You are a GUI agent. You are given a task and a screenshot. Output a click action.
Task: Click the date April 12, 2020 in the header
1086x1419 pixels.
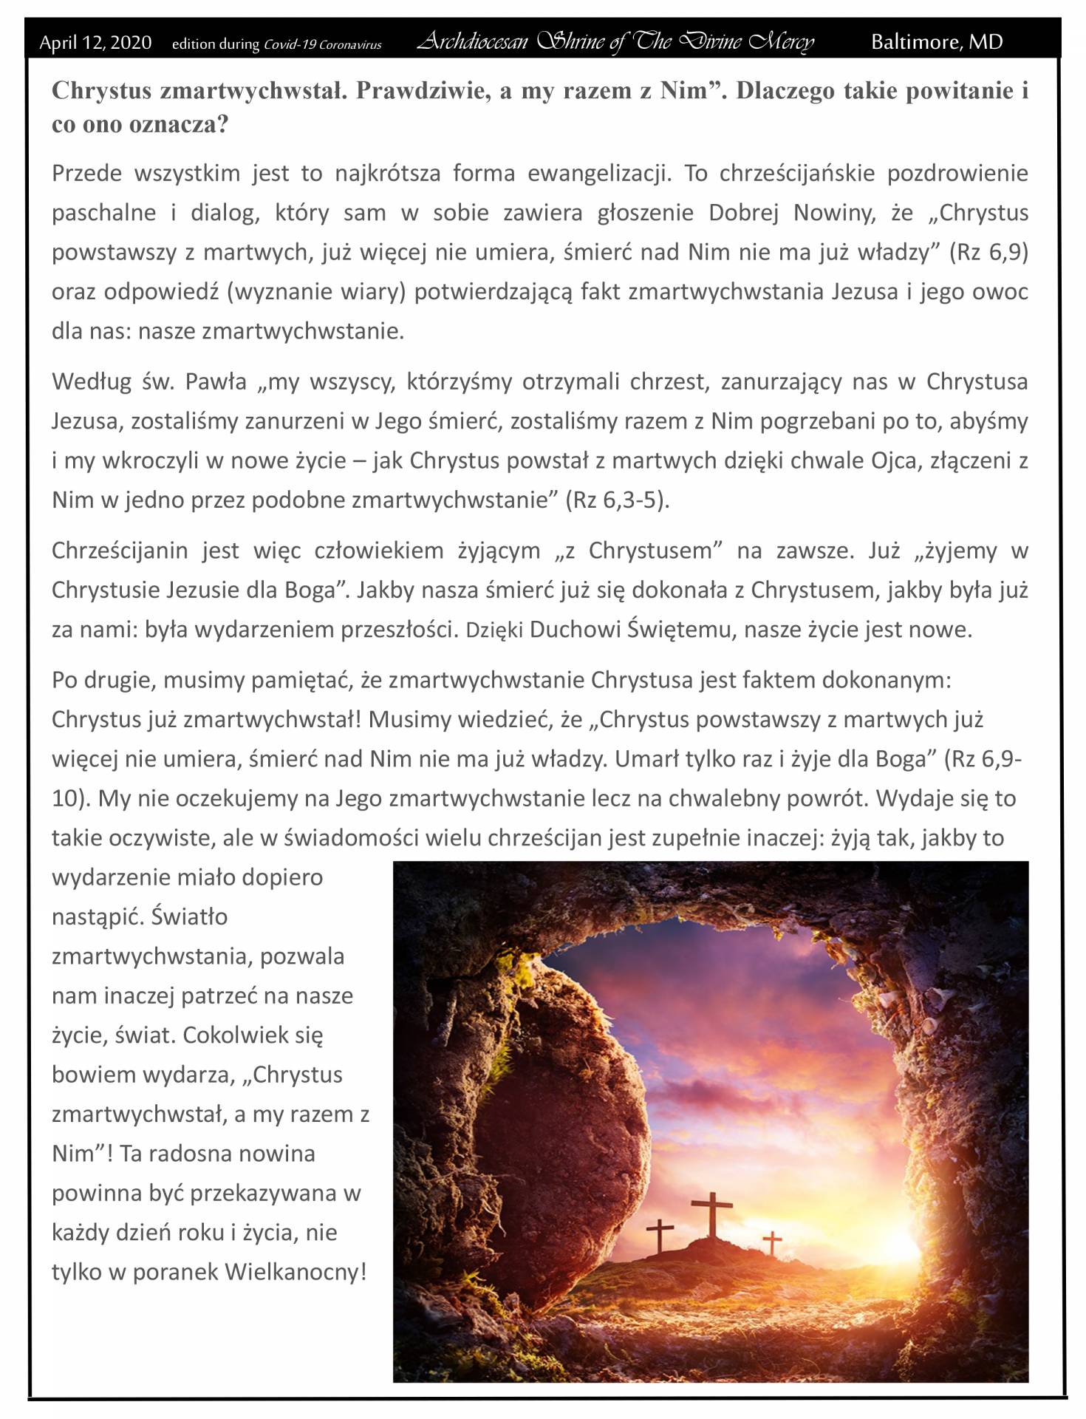point(95,43)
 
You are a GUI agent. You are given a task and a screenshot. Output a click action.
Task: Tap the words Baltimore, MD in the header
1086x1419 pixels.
point(937,42)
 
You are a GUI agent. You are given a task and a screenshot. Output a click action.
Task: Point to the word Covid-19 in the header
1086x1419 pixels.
point(290,44)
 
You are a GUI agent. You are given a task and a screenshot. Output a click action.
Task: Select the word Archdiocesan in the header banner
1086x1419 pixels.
point(472,42)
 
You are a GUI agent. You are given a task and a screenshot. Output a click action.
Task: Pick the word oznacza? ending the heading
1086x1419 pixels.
point(179,124)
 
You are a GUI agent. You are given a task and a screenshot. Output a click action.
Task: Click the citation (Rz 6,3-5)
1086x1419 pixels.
point(617,500)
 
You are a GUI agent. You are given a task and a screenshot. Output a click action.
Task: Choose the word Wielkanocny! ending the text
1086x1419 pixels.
point(296,1272)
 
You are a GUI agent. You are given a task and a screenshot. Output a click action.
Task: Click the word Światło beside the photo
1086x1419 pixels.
point(189,917)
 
